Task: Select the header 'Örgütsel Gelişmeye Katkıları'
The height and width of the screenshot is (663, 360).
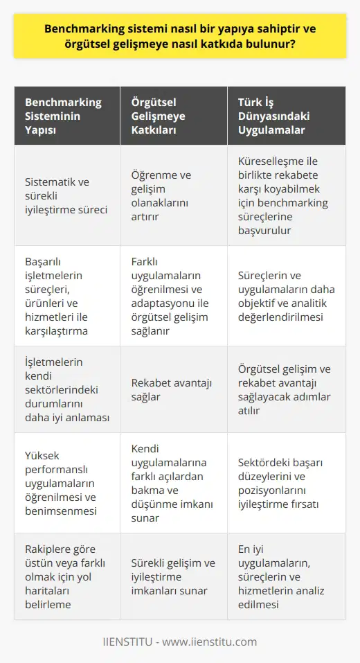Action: [x=164, y=116]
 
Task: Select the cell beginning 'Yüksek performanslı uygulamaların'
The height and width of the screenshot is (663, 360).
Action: [x=59, y=482]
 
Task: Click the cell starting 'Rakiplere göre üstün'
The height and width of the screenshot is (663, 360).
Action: [x=59, y=575]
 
